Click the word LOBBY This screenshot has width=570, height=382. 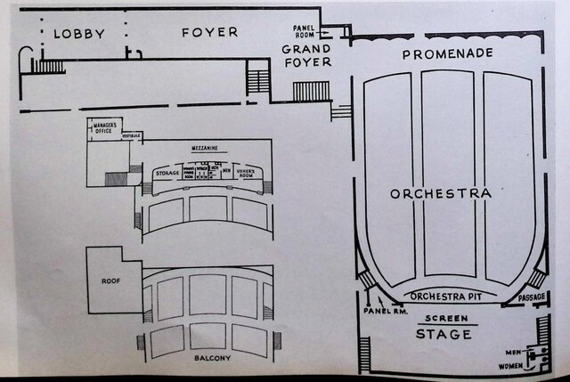[79, 34]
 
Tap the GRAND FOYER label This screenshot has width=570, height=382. [307, 55]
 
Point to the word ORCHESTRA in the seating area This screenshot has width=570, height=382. [441, 193]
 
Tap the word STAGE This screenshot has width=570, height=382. [444, 335]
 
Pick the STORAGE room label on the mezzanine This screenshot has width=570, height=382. [167, 173]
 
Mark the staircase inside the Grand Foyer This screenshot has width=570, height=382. [311, 91]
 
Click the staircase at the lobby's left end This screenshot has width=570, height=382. [49, 66]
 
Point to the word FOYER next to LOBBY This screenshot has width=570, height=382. [210, 32]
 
